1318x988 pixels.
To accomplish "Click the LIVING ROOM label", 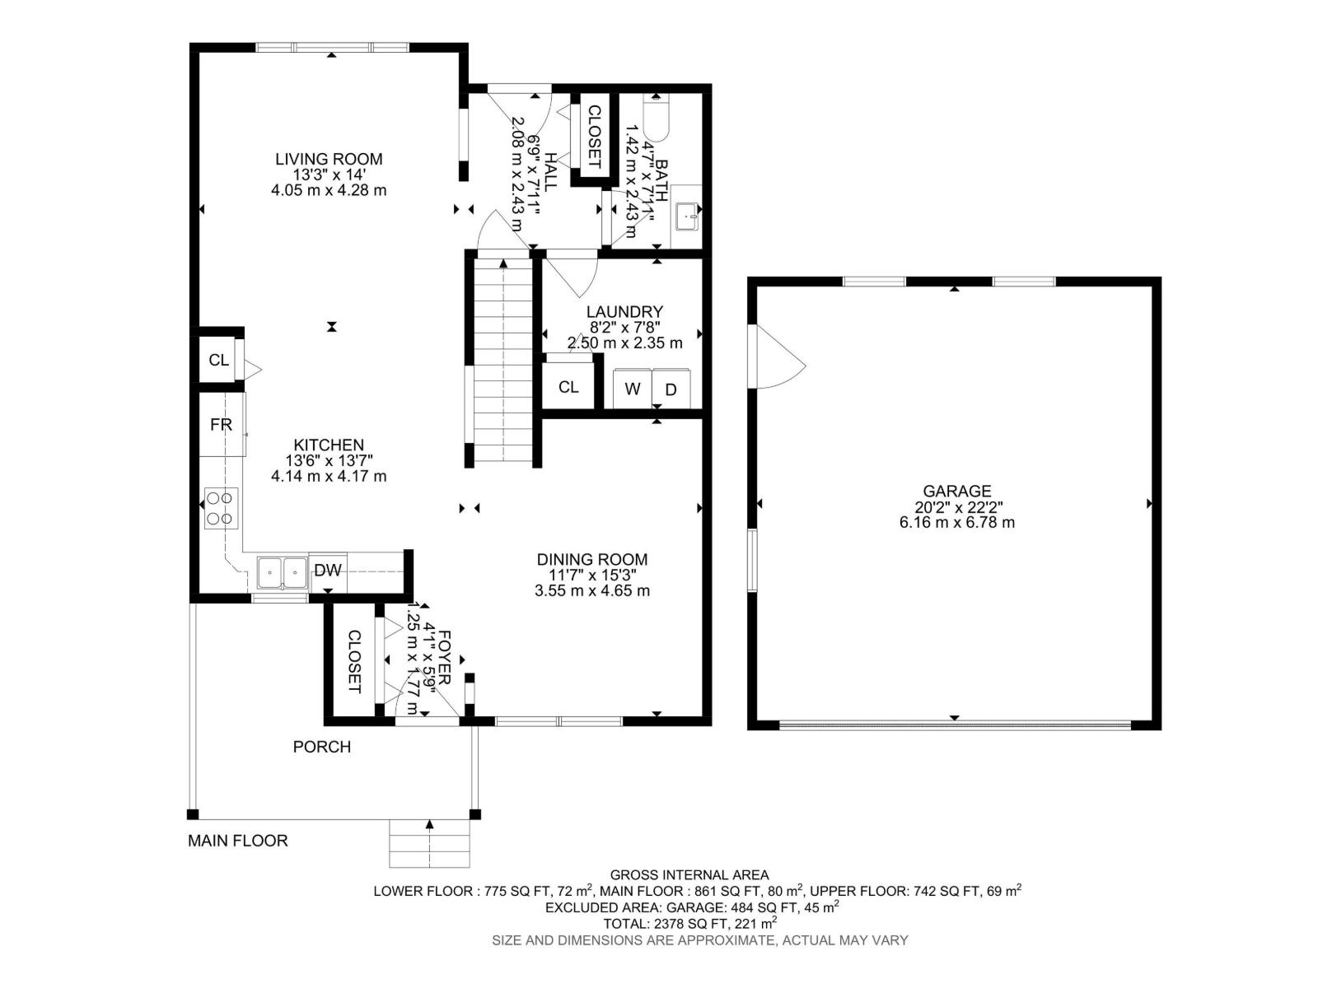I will (x=329, y=159).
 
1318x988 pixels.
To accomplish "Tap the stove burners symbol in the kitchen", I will (x=221, y=508).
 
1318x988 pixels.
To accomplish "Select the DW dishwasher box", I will (x=328, y=571).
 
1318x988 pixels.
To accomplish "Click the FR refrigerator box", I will (x=221, y=425).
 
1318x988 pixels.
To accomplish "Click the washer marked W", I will (x=633, y=389).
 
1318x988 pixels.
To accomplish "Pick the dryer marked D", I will (x=671, y=389).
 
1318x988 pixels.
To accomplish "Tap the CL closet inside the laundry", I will (x=568, y=386).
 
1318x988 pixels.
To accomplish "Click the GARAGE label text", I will (x=956, y=492).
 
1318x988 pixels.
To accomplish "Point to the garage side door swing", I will (x=777, y=357).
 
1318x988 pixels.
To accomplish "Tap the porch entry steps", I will (x=429, y=843).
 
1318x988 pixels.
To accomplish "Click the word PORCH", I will (x=322, y=747).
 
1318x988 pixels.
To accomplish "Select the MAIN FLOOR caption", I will (x=238, y=841).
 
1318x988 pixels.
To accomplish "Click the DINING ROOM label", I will (x=591, y=560).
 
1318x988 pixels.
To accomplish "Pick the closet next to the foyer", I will (x=353, y=661).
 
